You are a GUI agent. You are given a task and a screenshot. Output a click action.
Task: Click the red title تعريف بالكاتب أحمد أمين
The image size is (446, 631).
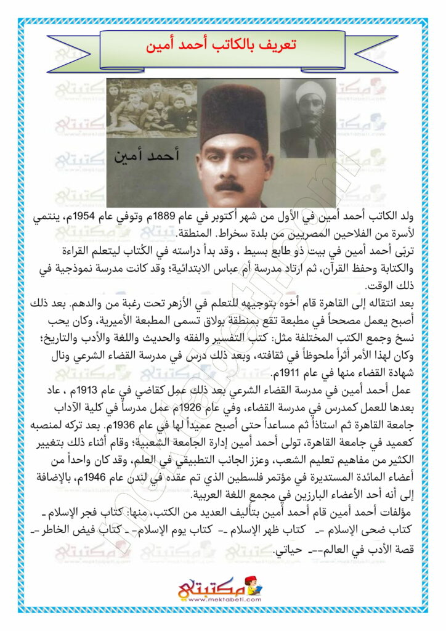pyautogui.click(x=223, y=46)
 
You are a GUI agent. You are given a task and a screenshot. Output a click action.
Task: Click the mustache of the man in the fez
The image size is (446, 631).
pyautogui.click(x=229, y=184)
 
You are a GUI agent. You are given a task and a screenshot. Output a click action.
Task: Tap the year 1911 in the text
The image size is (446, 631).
pyautogui.click(x=254, y=372)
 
